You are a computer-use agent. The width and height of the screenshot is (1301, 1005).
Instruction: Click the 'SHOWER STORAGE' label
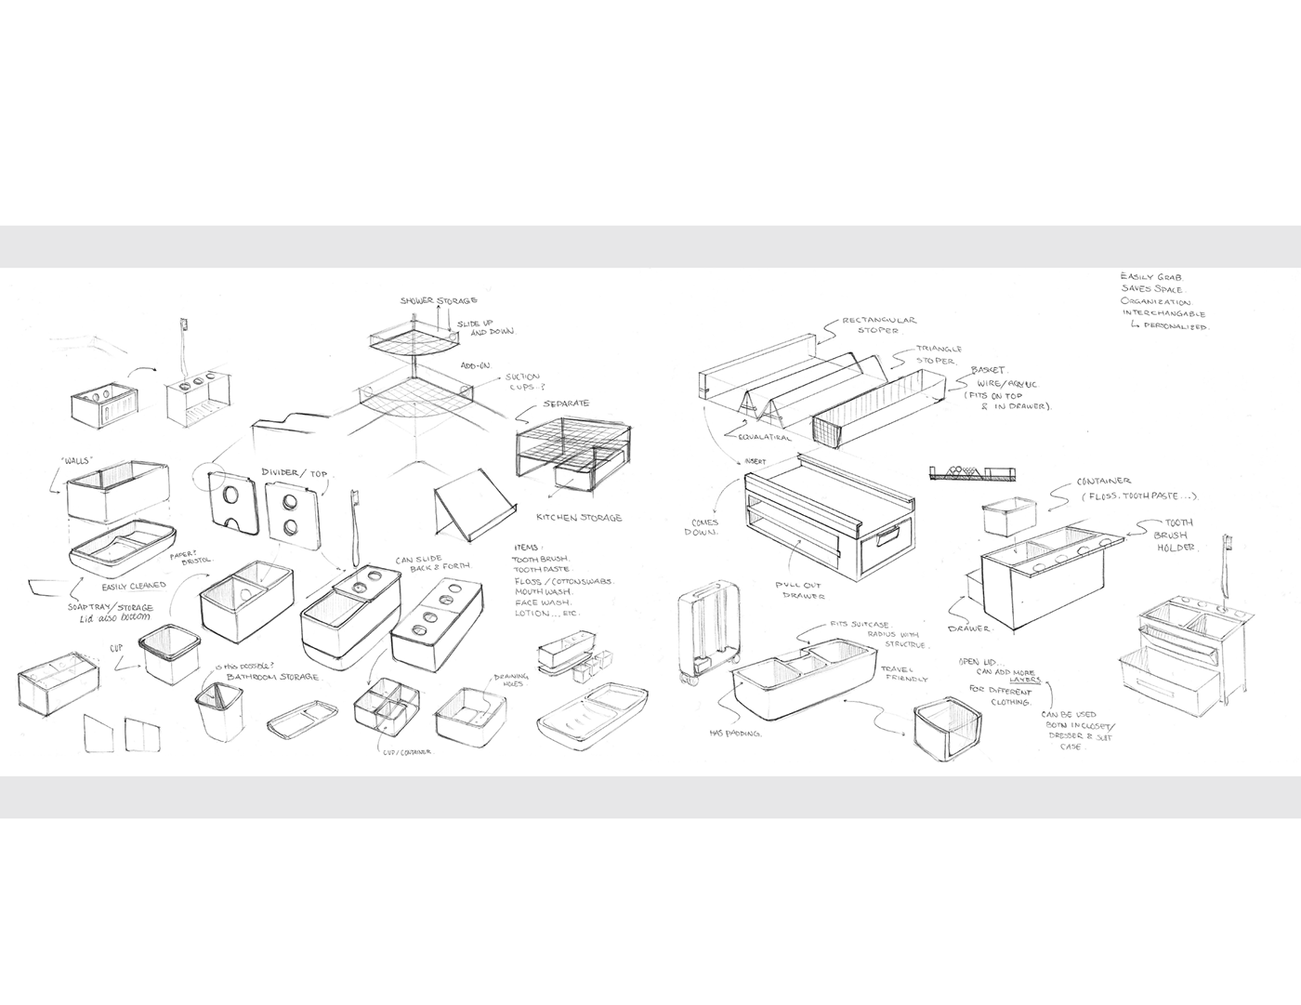[x=439, y=300]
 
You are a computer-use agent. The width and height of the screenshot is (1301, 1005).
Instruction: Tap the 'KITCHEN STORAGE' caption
[x=580, y=518]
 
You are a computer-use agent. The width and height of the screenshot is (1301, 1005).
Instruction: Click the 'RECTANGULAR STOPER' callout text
[x=878, y=324]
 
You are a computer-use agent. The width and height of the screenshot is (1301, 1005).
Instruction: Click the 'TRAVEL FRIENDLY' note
[x=912, y=673]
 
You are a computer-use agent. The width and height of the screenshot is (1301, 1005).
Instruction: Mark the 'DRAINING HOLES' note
[x=510, y=681]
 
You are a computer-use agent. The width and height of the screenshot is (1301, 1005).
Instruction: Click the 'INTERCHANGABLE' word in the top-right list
[x=1162, y=314]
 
